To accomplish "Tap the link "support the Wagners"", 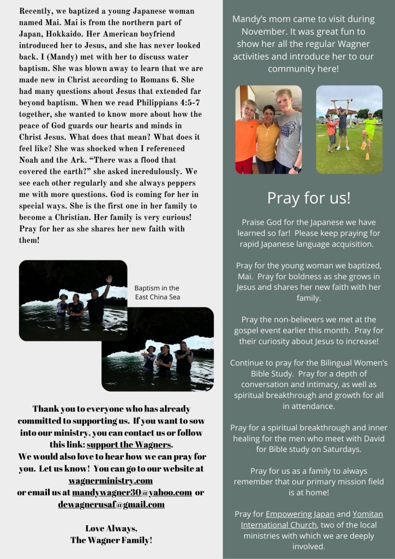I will (129, 444).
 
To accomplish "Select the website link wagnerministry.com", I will (110, 480).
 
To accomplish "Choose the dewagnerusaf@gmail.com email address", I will (111, 504).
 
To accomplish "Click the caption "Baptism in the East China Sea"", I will (157, 292).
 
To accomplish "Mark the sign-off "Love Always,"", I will (111, 528).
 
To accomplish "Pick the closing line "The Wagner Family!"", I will (111, 540).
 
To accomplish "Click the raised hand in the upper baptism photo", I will (109, 280).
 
